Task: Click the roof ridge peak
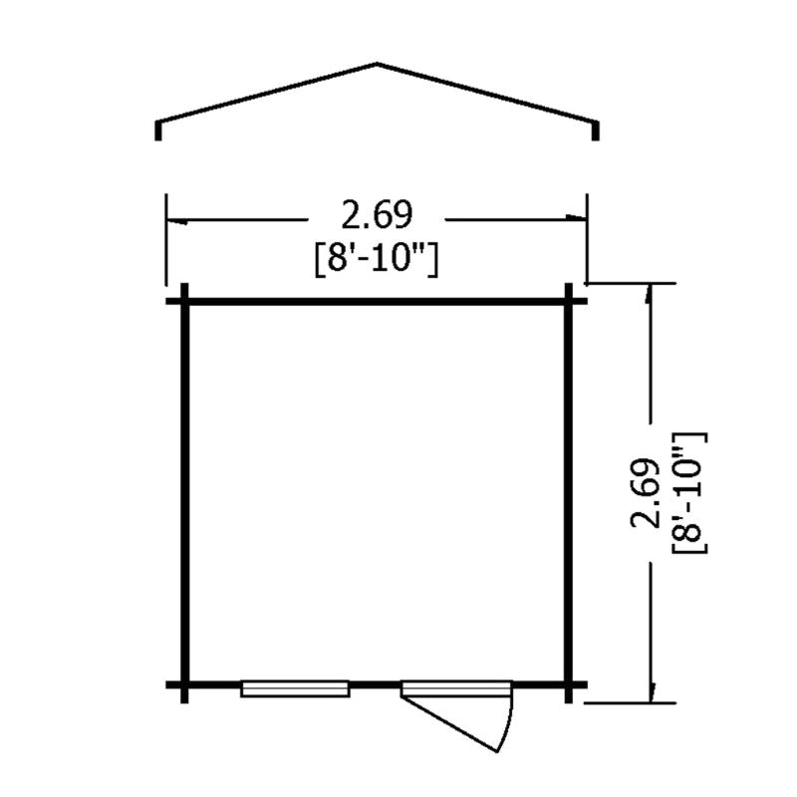pos(377,64)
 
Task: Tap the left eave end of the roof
pos(158,138)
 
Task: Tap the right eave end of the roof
pos(596,138)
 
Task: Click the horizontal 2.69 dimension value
pos(377,215)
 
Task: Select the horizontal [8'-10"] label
pos(377,260)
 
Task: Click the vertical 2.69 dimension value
pos(646,493)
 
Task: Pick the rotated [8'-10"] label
pos(689,493)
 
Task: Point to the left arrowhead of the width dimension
pos(178,221)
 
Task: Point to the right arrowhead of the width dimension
pos(576,217)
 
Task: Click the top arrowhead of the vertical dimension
pos(649,294)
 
